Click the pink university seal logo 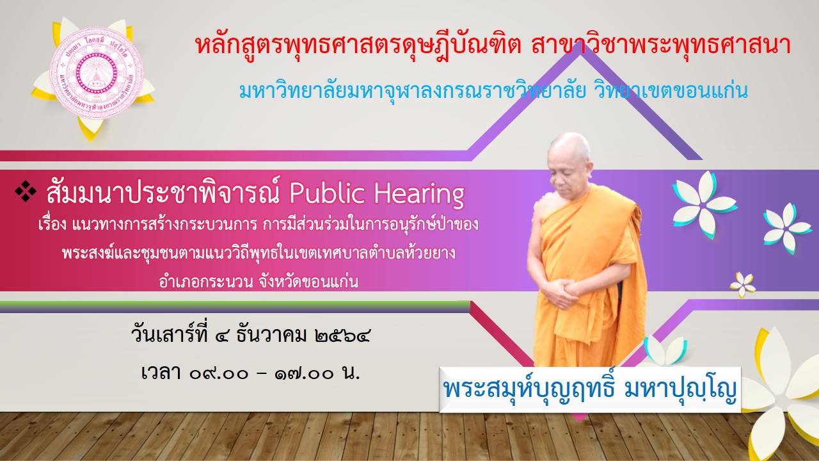97,73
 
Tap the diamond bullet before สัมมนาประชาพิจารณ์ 26,191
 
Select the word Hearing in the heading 419,195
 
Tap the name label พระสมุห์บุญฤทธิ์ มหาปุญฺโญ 590,389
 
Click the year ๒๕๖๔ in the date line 342,336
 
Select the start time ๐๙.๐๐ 219,374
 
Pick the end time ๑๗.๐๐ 304,374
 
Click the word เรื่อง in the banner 52,224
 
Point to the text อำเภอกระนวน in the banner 206,281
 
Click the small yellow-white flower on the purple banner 742,284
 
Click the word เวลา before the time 161,373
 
